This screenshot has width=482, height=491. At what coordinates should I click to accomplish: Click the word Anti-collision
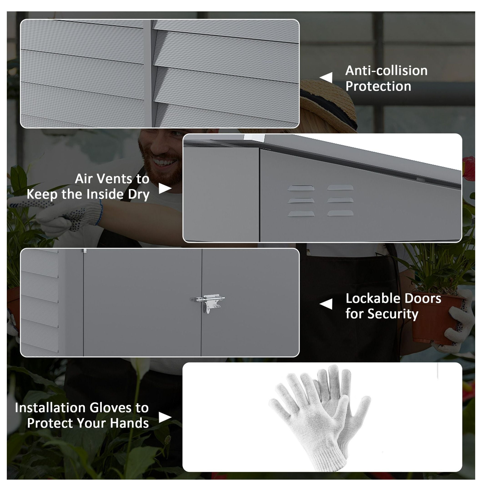(x=386, y=71)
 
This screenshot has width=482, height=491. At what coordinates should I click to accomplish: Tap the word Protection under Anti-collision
(x=378, y=86)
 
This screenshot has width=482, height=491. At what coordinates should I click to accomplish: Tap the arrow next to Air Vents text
(x=165, y=188)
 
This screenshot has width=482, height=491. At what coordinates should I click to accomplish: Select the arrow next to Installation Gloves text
(x=165, y=417)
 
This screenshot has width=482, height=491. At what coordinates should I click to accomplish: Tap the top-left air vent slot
(x=301, y=188)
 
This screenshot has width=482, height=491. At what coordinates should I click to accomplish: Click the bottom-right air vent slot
(x=340, y=213)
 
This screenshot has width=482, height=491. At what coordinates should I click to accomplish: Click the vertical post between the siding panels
(x=149, y=74)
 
